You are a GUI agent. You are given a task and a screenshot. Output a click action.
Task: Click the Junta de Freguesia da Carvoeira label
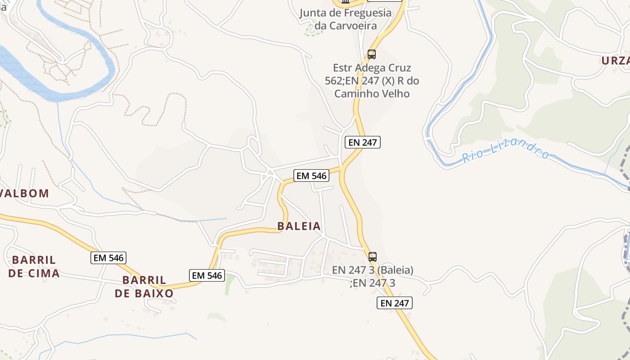346,19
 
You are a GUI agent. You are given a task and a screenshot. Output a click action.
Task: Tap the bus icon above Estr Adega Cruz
372,54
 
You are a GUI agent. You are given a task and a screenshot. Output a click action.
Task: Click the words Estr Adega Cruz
372,68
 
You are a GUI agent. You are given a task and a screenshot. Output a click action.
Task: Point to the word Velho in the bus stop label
396,94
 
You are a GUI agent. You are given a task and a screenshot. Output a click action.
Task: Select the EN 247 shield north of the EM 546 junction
363,143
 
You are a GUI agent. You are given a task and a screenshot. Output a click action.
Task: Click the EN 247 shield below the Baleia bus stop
395,303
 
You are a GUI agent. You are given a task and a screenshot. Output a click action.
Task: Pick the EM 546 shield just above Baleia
311,175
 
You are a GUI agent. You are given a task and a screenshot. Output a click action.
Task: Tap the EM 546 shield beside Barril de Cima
108,258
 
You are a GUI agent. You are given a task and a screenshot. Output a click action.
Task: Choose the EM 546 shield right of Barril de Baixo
207,275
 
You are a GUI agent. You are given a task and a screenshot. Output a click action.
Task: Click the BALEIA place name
299,226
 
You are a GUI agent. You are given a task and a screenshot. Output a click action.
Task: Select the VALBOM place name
24,193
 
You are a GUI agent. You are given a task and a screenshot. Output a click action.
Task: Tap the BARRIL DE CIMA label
34,266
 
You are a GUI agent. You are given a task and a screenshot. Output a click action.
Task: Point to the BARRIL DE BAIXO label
144,287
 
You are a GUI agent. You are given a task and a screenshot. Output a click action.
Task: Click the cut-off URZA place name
616,60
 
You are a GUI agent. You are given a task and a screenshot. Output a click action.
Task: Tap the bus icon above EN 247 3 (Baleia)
373,257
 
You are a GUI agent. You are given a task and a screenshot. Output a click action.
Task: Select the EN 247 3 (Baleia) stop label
373,270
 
